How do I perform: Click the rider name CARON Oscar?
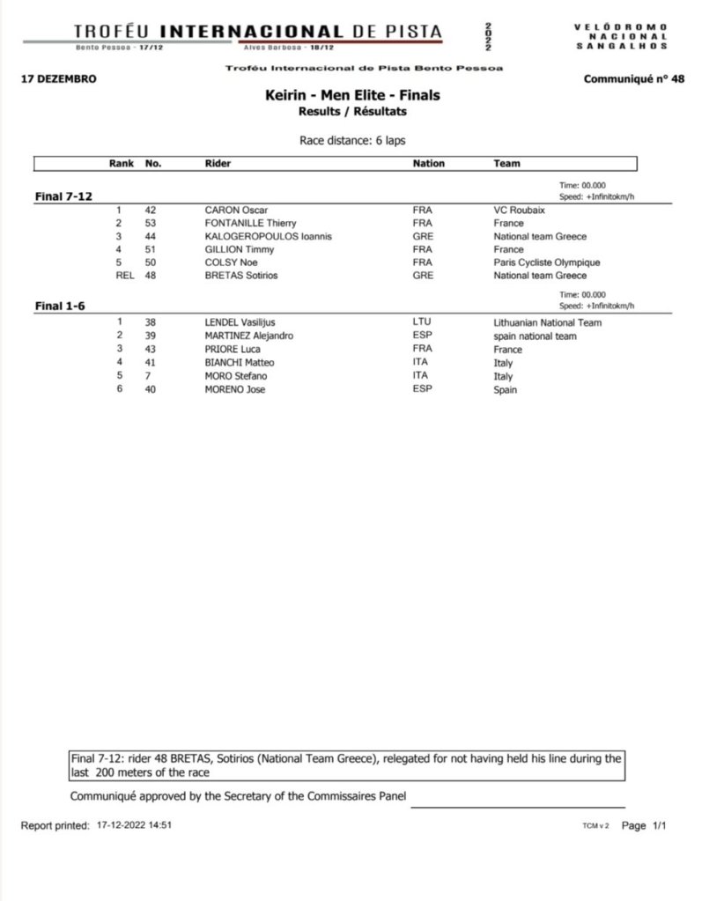(x=236, y=210)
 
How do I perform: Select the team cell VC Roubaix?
(x=517, y=210)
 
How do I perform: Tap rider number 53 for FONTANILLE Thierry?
(x=151, y=224)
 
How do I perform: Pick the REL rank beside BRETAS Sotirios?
(x=123, y=275)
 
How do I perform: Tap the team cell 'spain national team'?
(x=535, y=336)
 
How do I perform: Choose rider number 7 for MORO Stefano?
(x=149, y=375)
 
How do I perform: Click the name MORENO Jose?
(x=234, y=388)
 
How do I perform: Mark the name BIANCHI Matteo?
(x=240, y=362)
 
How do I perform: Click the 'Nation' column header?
(x=429, y=163)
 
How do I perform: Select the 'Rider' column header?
(x=218, y=163)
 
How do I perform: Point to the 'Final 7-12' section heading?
(x=63, y=197)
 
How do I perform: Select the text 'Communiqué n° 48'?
(x=633, y=79)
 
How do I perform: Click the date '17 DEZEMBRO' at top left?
(x=57, y=79)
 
